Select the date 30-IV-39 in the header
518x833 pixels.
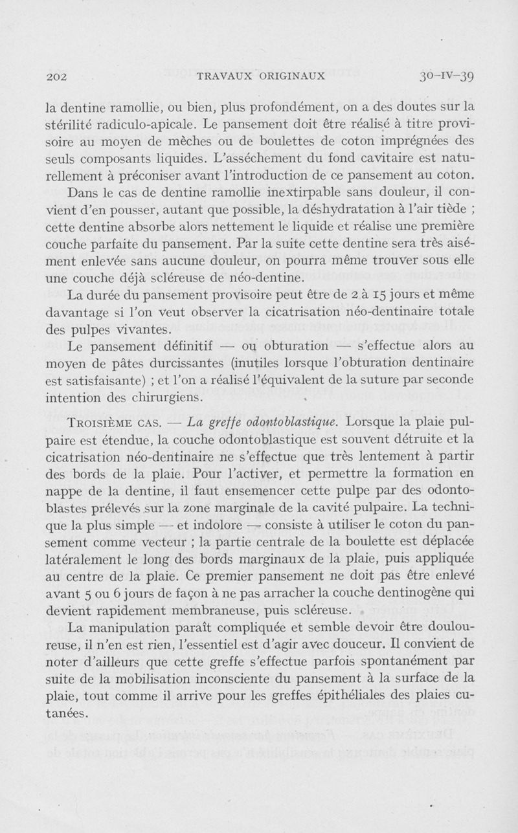click(x=447, y=76)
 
